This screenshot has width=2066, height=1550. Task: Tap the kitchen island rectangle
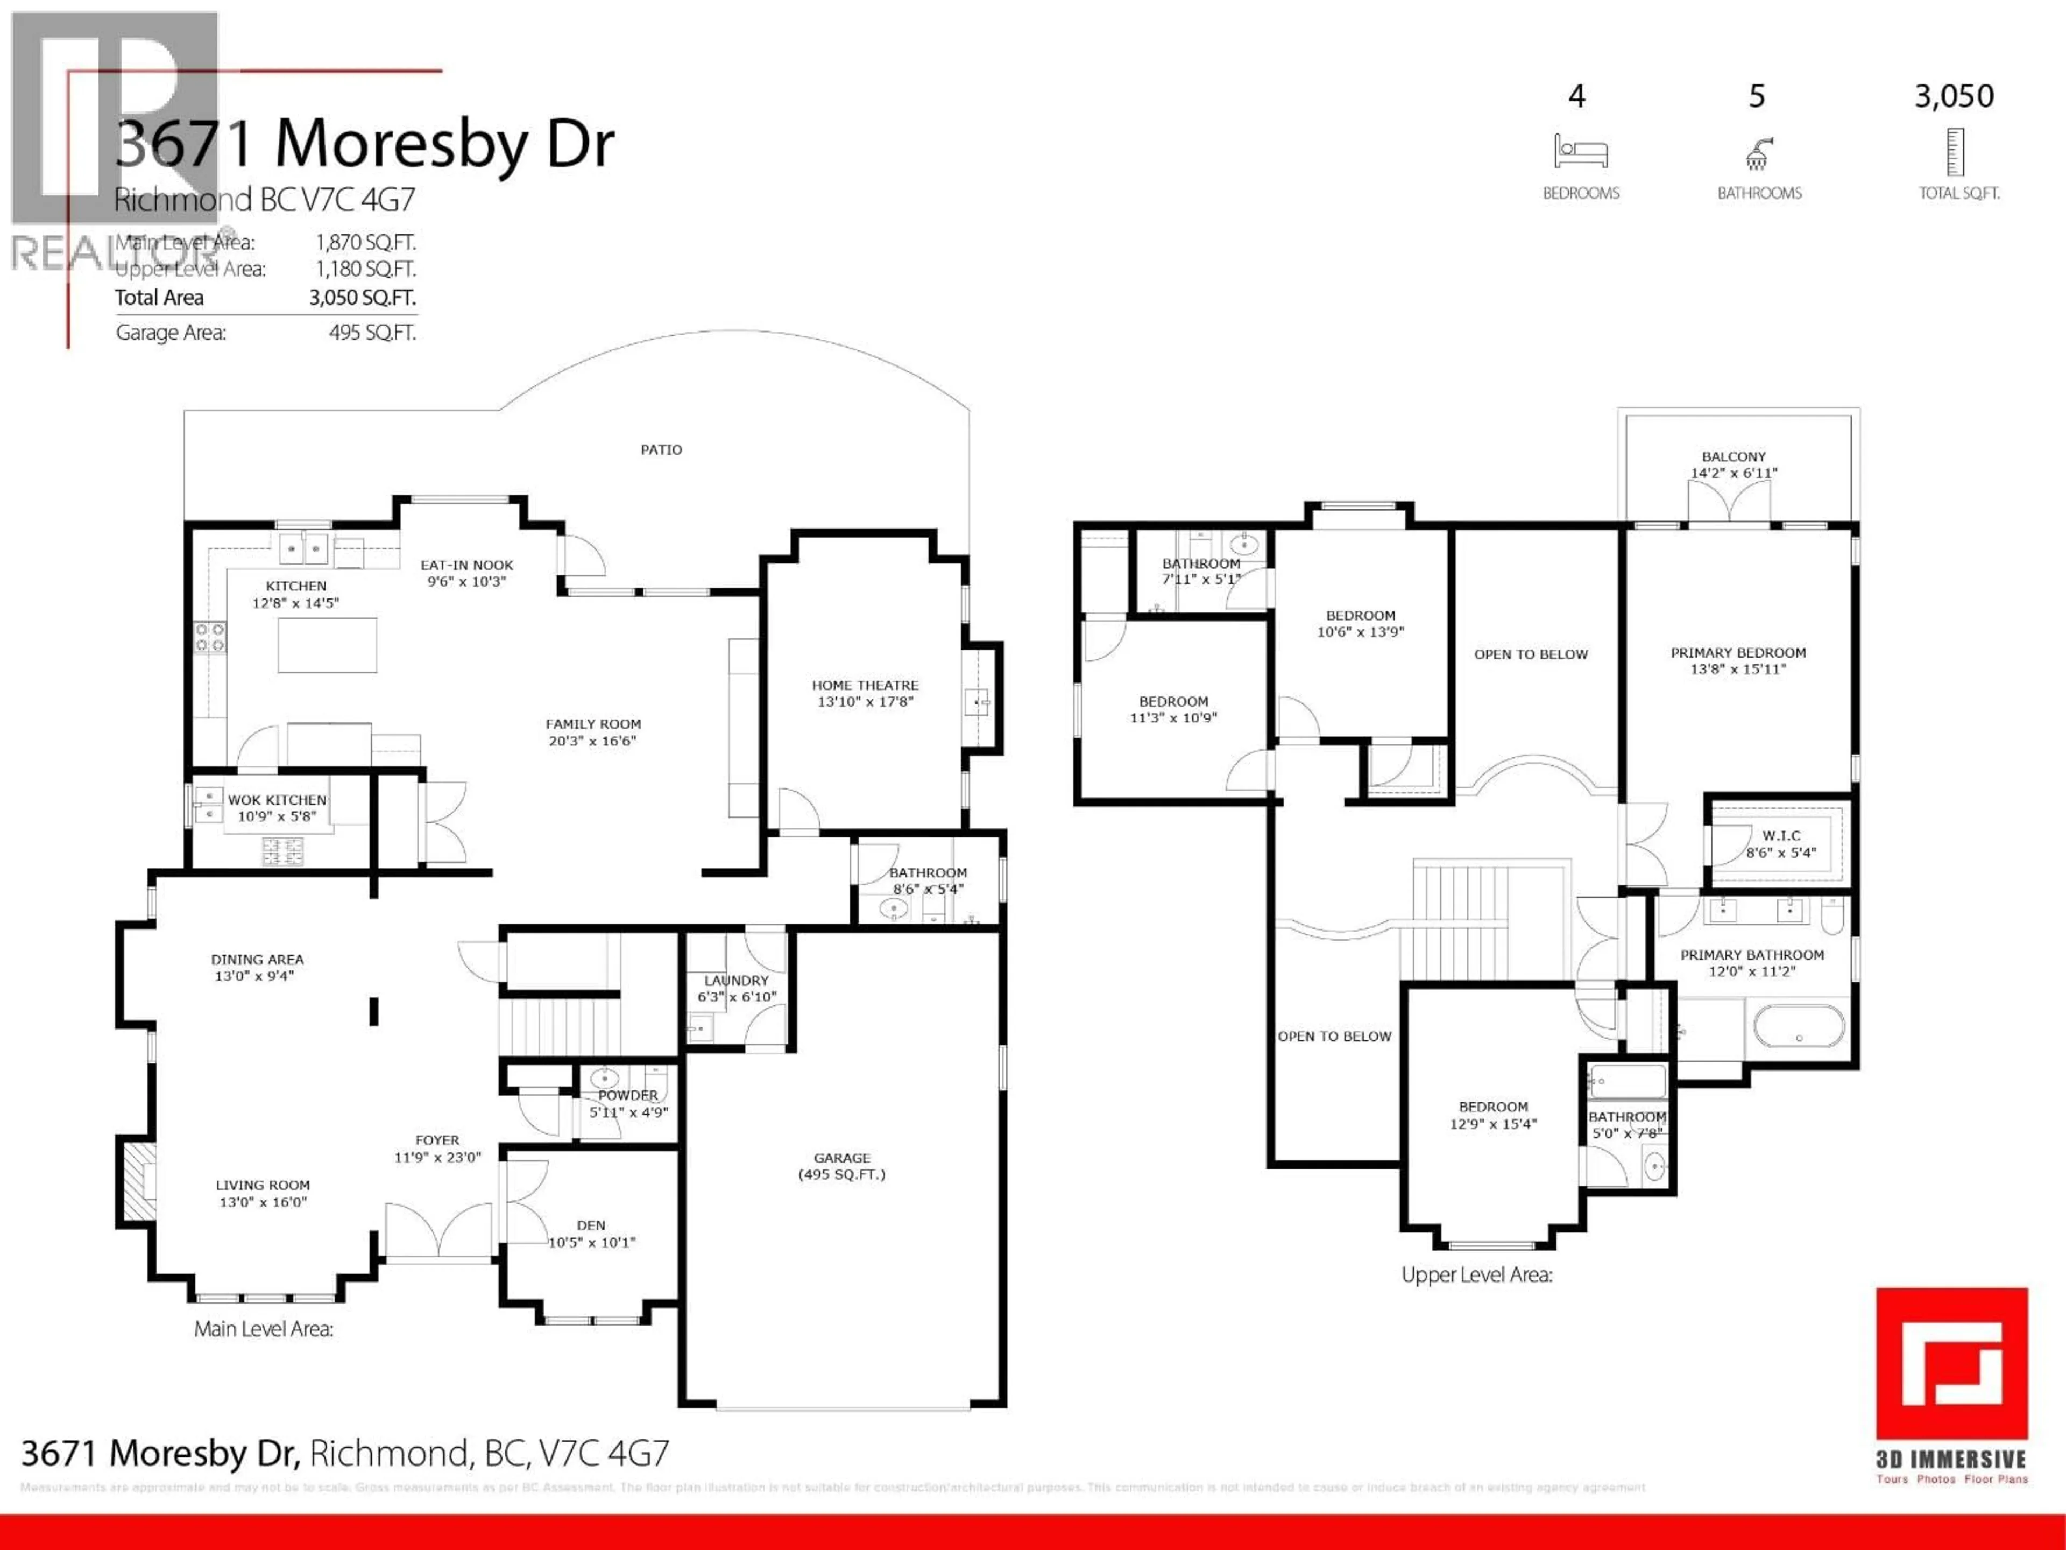point(327,645)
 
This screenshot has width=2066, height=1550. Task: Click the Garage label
point(841,1158)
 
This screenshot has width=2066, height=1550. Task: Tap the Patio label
point(661,449)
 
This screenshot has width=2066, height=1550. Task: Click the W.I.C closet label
point(1781,835)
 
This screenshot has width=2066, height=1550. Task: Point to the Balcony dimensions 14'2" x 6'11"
point(1734,473)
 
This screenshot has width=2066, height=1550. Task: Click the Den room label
point(591,1225)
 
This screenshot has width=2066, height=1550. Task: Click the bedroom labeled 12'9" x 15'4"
point(1492,1115)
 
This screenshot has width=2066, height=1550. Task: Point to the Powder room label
point(628,1095)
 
